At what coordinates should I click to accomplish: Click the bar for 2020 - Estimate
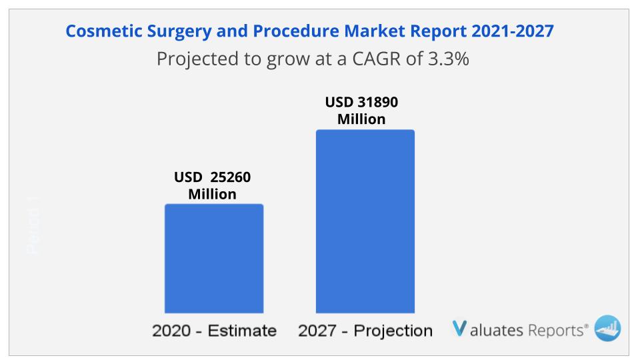pos(214,258)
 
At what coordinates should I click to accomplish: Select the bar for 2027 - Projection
pos(365,221)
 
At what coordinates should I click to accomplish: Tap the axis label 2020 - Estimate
pos(214,331)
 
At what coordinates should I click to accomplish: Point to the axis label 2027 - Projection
pos(365,331)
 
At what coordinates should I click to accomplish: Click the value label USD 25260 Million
pos(213,186)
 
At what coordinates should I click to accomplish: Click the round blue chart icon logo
pos(607,328)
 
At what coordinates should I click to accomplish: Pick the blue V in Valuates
pos(459,329)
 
